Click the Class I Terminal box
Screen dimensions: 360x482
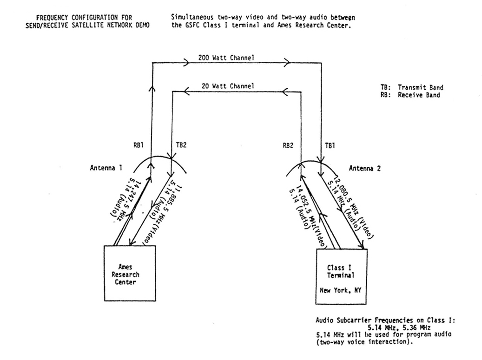coord(342,274)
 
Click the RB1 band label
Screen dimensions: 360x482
coord(138,144)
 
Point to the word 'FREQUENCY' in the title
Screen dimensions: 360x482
coord(47,19)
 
